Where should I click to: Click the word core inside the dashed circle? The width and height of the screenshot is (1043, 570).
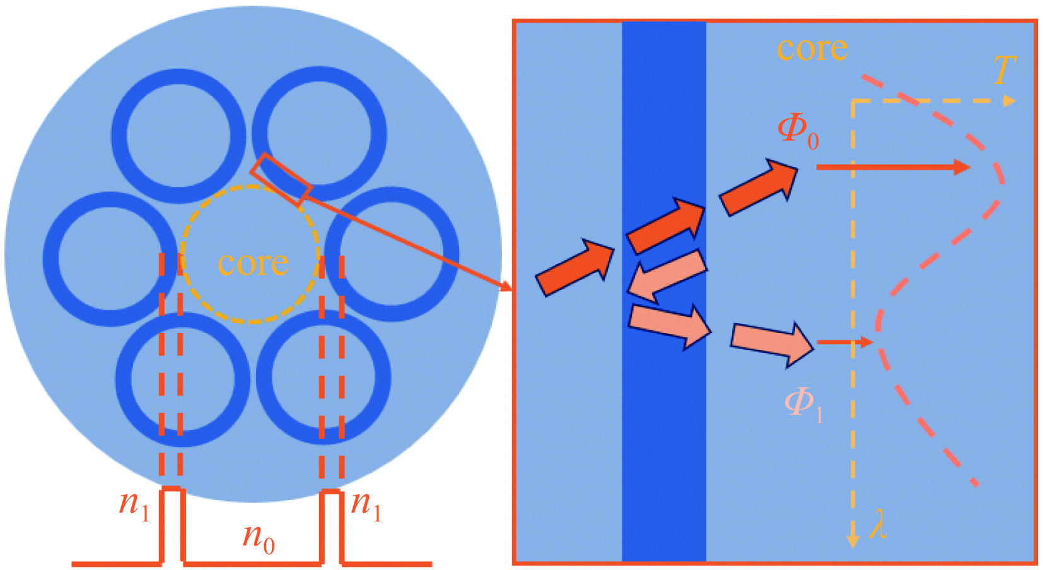pos(253,263)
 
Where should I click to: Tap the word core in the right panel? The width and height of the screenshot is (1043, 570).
pos(812,49)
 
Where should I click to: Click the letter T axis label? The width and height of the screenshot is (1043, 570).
pos(1004,70)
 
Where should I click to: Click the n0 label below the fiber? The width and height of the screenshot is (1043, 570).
pos(259,539)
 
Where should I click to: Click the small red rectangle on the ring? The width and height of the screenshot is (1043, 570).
pos(281,179)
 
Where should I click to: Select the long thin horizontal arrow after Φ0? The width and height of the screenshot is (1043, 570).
pos(892,167)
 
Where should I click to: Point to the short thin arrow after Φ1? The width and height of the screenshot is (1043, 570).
pos(844,342)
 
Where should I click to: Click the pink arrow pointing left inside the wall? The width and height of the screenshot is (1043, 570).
pos(667,276)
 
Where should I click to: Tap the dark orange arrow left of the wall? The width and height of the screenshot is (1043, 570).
pos(574,267)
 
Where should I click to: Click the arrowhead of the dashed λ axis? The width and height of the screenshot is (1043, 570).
pos(853,540)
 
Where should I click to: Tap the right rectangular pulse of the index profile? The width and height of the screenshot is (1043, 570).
pos(332,525)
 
